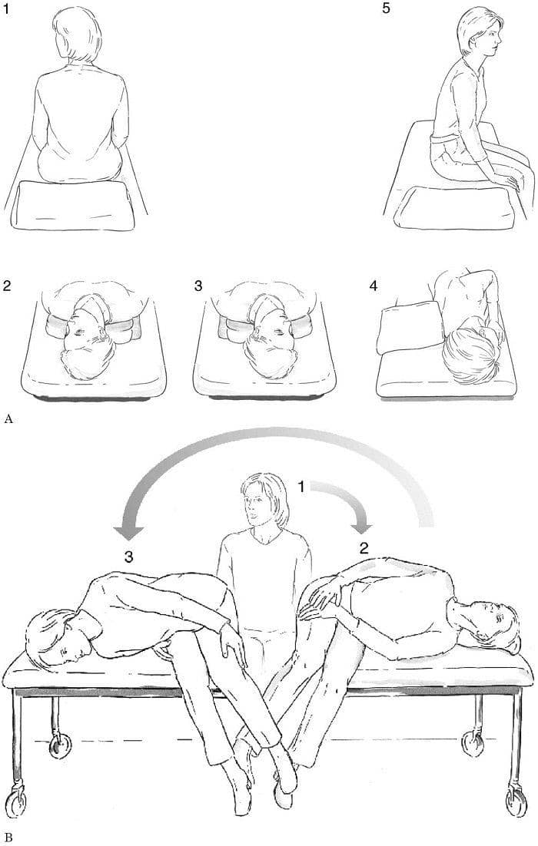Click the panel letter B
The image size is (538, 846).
coord(8,838)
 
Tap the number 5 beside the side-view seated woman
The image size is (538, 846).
coord(386,9)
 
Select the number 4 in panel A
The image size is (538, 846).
coord(374,285)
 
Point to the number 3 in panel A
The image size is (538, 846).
coord(198,285)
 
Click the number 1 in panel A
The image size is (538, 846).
coord(6,9)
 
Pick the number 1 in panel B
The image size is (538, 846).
coord(302,487)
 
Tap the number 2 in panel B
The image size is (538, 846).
coord(364,549)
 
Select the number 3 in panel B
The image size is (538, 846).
coord(128,557)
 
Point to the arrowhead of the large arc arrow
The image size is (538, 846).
coord(131,529)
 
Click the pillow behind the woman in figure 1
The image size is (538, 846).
coord(75,206)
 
